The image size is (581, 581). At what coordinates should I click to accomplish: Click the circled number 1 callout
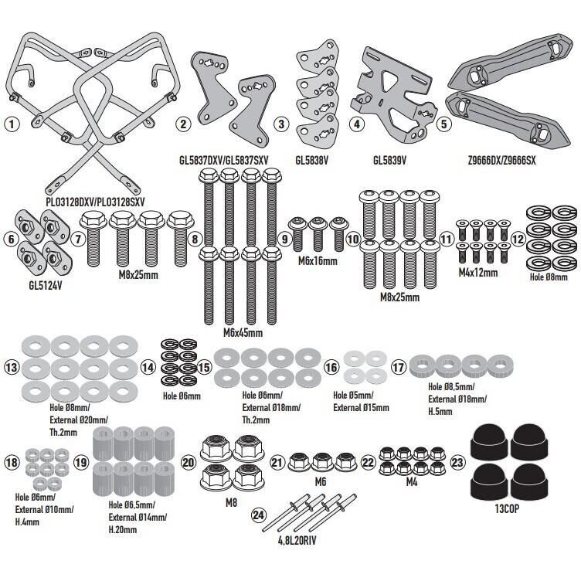click(12, 124)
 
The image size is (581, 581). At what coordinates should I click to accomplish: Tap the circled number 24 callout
click(259, 515)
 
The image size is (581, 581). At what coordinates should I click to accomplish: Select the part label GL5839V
click(389, 161)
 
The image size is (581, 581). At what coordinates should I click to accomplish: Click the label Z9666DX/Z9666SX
click(501, 161)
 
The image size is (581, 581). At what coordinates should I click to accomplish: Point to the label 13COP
click(507, 508)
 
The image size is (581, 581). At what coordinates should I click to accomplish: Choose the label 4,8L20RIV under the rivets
click(297, 541)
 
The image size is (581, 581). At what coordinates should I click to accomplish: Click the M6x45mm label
click(243, 333)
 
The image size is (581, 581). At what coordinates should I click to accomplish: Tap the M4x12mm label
click(478, 273)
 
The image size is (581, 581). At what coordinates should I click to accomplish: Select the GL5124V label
click(46, 286)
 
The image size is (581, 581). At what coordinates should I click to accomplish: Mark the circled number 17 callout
click(399, 368)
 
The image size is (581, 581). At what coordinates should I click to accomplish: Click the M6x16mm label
click(318, 261)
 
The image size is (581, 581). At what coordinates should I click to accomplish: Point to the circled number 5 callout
click(444, 124)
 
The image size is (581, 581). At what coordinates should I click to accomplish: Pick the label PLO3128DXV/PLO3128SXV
click(95, 202)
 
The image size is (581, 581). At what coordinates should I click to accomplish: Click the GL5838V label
click(312, 161)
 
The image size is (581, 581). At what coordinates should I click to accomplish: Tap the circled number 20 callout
click(189, 463)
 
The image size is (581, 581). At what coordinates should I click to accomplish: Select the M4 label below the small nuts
click(412, 481)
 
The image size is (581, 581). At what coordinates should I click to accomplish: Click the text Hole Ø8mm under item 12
click(549, 277)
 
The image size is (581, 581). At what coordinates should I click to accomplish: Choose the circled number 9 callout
click(284, 239)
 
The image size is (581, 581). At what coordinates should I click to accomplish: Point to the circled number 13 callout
click(12, 368)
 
